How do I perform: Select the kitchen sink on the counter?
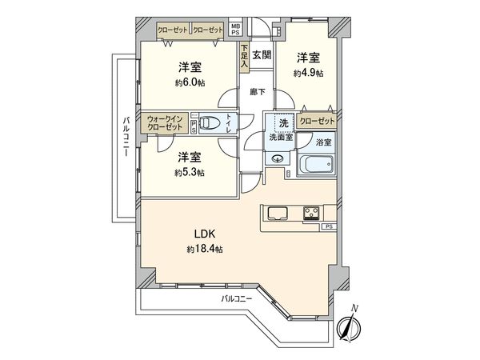278,213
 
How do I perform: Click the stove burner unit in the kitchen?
311,213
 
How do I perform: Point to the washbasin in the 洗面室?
278,158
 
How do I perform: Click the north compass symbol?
349,326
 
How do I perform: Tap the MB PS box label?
235,29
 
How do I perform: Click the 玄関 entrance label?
262,55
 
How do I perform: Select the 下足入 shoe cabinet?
244,57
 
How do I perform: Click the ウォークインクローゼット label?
165,122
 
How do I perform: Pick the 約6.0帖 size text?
190,82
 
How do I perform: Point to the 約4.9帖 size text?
309,73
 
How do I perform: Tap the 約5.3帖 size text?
190,173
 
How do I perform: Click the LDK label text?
205,234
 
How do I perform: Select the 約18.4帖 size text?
205,250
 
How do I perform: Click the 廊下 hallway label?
258,91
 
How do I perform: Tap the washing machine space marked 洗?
284,123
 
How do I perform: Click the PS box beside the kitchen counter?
330,227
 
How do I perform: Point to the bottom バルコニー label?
236,298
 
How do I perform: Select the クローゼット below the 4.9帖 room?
317,121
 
